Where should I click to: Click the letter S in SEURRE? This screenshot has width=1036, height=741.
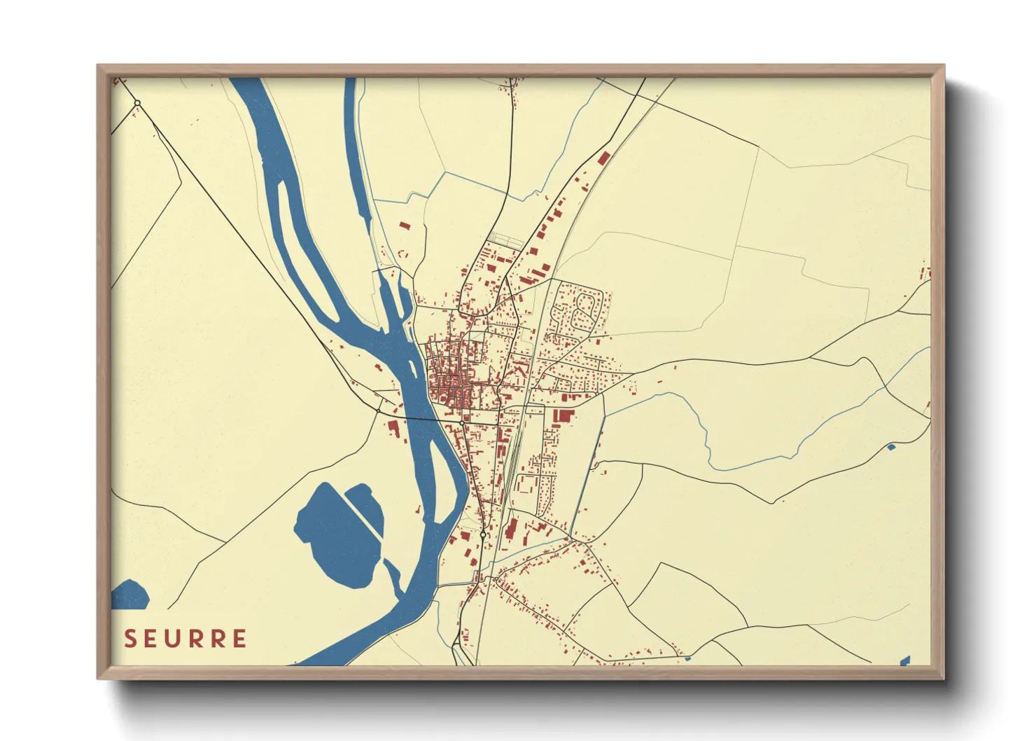point(130,639)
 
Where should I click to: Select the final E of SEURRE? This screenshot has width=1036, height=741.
point(239,639)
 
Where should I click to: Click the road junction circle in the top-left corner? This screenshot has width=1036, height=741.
point(137,104)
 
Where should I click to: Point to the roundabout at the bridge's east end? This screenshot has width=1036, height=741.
point(462,422)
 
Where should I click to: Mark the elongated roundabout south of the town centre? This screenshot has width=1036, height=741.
point(483,534)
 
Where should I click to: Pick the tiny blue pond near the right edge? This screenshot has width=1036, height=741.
point(891,447)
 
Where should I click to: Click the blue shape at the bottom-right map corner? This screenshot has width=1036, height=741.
point(905,660)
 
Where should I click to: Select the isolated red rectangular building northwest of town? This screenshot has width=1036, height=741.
point(404,226)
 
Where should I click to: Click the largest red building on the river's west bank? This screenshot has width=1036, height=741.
point(393,428)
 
